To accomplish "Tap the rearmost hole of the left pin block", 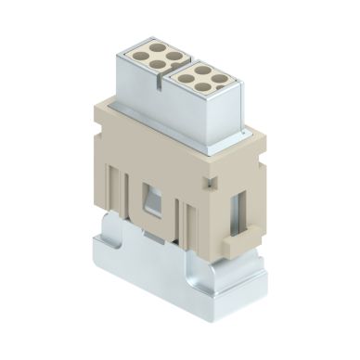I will click(156, 52).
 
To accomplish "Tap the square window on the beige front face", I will click(148, 196).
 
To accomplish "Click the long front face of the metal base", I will click(158, 278).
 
